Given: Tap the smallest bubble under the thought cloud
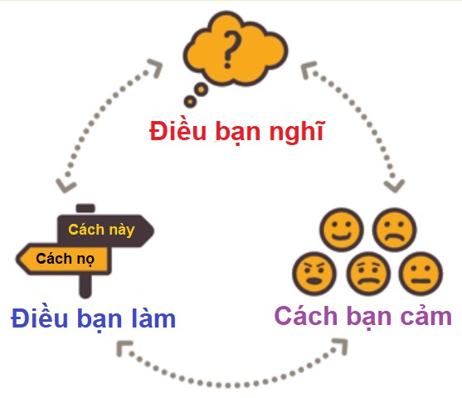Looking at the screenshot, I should pyautogui.click(x=190, y=102).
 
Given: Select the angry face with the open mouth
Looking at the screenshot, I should pyautogui.click(x=313, y=273).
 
